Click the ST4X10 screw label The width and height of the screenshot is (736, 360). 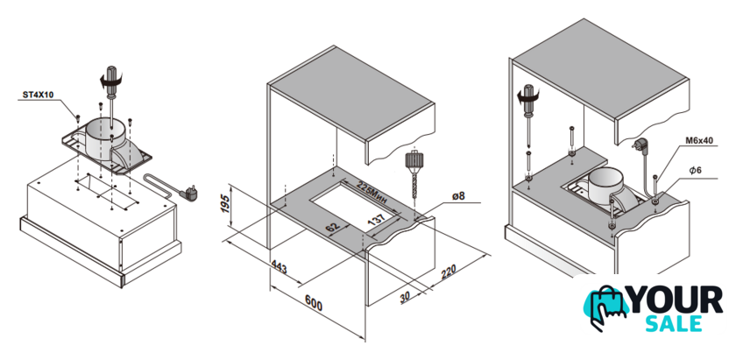click(39, 95)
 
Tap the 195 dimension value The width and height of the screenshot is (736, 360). click(226, 203)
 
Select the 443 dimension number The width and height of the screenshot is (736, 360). click(279, 269)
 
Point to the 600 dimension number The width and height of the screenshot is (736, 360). click(314, 303)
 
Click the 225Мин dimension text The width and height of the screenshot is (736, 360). click(372, 193)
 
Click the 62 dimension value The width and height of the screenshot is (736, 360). click(332, 227)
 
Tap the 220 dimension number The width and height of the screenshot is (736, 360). click(449, 272)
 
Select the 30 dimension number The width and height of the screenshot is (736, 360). click(405, 297)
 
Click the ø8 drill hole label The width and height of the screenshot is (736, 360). click(458, 195)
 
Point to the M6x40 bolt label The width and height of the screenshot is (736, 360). click(698, 140)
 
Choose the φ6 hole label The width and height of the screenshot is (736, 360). click(695, 171)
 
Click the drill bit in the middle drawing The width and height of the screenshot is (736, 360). click(414, 186)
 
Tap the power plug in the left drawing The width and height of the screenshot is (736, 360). click(190, 192)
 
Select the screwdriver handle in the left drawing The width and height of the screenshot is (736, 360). click(111, 81)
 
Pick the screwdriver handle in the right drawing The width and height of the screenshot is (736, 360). click(529, 99)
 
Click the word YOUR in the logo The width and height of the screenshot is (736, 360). click(676, 300)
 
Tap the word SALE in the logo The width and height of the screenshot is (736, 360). click(674, 324)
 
